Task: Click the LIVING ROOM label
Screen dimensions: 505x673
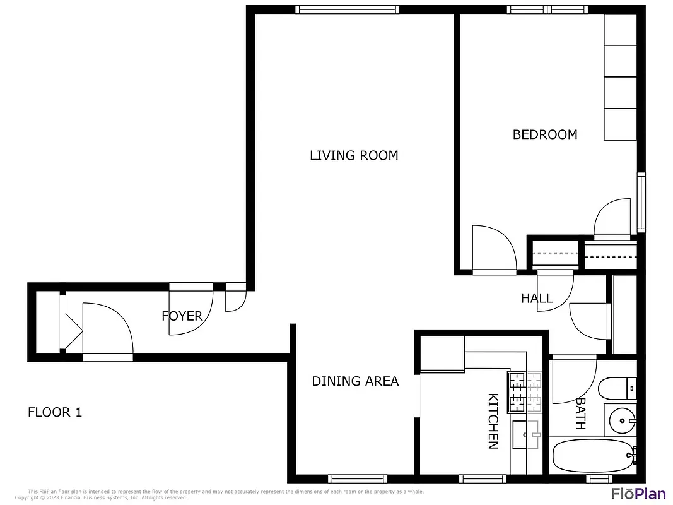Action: pos(354,155)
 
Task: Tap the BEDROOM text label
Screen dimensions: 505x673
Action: pos(544,134)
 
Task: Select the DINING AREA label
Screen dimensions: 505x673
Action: pos(355,381)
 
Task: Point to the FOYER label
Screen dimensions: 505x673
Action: pos(182,316)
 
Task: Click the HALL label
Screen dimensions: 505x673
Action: pos(537,299)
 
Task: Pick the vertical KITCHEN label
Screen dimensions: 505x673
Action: pos(493,421)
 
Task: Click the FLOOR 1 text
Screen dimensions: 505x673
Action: pos(55,413)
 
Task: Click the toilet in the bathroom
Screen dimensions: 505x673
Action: pos(618,388)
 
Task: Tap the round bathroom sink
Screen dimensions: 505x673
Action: pos(623,419)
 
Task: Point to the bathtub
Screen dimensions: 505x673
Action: pos(593,456)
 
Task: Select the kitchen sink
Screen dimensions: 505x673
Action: pos(525,434)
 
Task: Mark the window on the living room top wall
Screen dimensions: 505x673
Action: pos(348,9)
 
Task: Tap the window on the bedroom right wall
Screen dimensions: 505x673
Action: pos(641,202)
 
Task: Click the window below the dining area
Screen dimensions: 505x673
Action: pos(358,478)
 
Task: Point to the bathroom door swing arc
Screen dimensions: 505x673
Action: pos(574,380)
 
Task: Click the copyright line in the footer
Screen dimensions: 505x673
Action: pos(101,497)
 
